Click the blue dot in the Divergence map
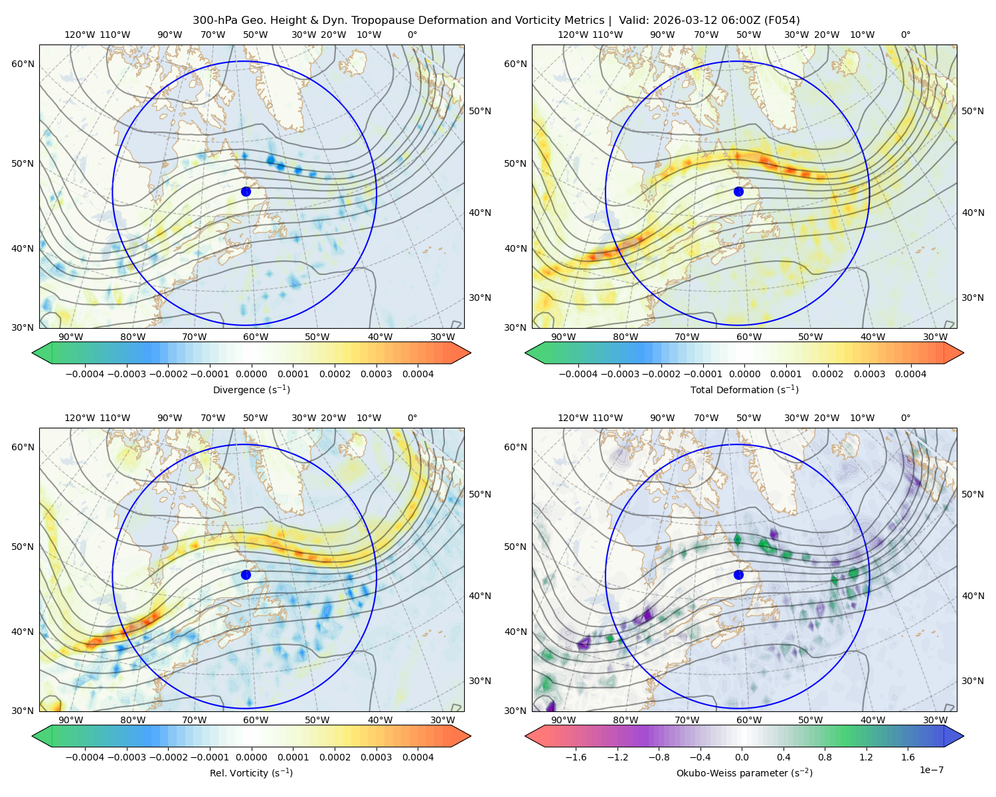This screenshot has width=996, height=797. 246,191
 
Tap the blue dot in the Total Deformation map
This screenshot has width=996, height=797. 738,191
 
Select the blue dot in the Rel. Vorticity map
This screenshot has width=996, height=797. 246,575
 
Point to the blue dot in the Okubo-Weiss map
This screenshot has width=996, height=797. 738,575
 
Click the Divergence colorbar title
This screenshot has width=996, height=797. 251,389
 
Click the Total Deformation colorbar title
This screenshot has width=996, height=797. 744,389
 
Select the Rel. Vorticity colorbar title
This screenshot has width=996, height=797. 251,772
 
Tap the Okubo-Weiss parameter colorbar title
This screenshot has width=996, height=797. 744,772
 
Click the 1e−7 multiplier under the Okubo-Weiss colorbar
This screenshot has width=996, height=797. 931,770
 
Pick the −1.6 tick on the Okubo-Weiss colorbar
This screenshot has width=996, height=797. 576,756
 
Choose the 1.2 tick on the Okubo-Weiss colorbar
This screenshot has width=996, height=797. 866,756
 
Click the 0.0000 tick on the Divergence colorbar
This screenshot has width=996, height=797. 251,374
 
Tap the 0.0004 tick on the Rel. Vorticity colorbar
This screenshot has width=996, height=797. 418,756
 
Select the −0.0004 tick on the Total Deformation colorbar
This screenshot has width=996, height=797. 578,374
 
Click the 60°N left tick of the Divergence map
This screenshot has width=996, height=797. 23,64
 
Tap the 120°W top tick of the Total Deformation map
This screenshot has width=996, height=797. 572,35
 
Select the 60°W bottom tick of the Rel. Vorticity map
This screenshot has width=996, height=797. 256,720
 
